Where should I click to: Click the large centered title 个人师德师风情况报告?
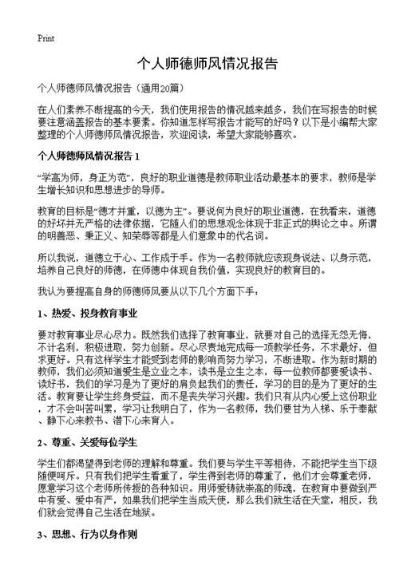click(x=207, y=63)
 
